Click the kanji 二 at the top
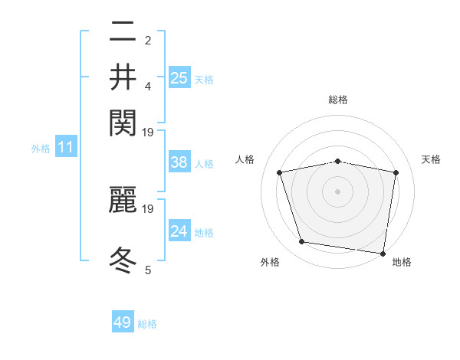tap(123, 32)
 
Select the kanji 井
tap(123, 77)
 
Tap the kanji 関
tap(123, 122)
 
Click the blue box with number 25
tap(179, 77)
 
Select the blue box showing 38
tap(179, 162)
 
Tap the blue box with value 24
tap(179, 231)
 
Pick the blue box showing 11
tap(65, 148)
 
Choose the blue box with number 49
tap(123, 322)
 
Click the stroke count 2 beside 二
tap(148, 41)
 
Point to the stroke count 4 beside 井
tap(148, 86)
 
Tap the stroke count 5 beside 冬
tap(148, 270)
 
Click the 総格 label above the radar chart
tap(338, 100)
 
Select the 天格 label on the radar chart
tap(431, 159)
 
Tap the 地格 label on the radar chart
tap(402, 262)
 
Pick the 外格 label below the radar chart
tap(270, 262)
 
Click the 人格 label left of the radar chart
tap(245, 159)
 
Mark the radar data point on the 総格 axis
tap(338, 161)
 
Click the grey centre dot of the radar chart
tap(338, 191)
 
